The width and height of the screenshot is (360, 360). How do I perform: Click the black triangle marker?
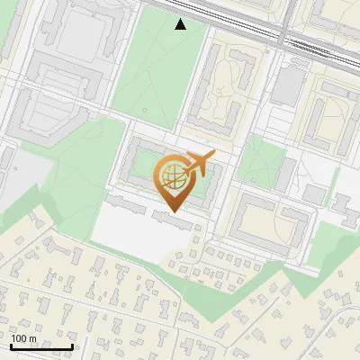(181, 24)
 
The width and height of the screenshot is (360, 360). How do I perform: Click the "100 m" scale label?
(23, 338)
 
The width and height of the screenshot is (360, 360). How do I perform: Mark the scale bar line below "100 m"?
(41, 346)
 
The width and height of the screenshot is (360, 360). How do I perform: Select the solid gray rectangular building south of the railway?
(289, 85)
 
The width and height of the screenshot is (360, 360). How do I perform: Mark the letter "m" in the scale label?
(31, 338)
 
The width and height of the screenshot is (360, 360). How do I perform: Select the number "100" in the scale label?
(19, 338)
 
